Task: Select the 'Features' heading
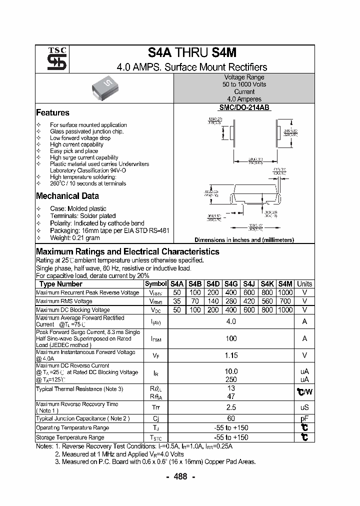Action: pos(52,112)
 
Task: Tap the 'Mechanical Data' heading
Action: pos(67,196)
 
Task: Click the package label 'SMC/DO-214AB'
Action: pos(243,107)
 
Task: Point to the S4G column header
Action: pos(230,283)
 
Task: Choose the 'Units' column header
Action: pos(304,283)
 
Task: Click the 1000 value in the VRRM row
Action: pos(284,292)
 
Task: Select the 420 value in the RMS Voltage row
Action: pos(248,301)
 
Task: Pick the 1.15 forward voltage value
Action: pos(231,355)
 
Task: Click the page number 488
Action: pos(180,476)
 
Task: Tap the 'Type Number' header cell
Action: pos(60,283)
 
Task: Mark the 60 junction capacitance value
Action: pos(231,418)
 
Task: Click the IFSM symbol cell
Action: pos(156,338)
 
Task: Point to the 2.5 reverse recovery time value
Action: pos(231,407)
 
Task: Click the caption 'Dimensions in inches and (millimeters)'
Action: pos(244,240)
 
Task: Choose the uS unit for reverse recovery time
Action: pos(304,407)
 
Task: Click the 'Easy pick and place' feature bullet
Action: pos(74,151)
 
